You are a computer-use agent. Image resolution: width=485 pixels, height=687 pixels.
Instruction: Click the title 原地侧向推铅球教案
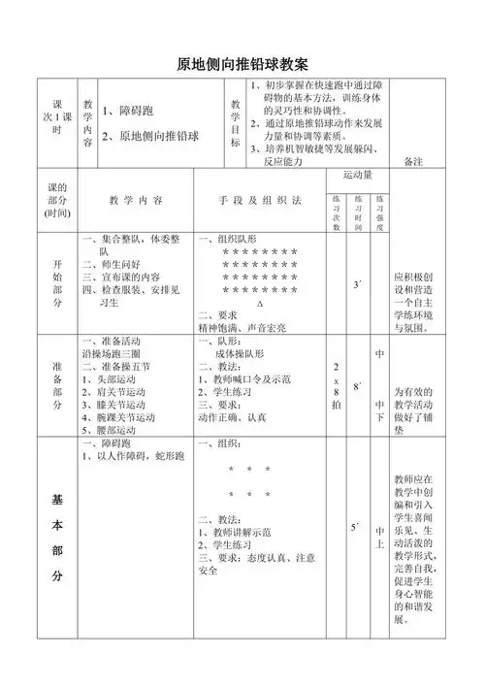(242, 65)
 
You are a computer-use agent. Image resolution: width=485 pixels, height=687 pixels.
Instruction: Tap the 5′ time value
(357, 528)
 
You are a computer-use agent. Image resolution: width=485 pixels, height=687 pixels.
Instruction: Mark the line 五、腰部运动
(113, 428)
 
